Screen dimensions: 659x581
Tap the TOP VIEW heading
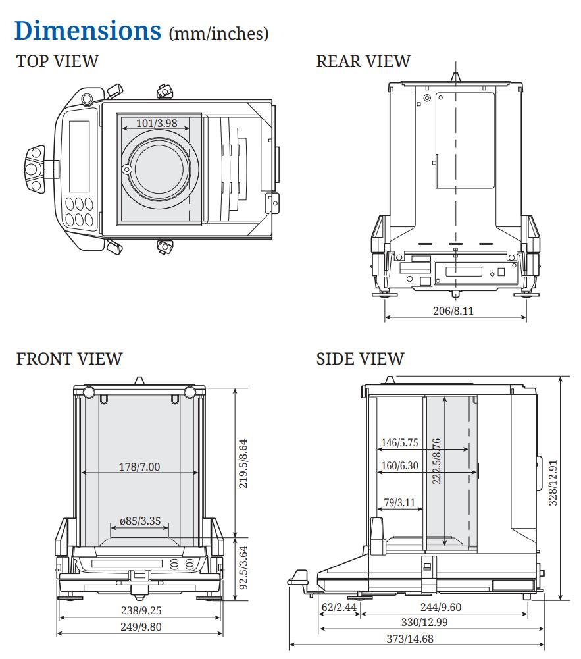[57, 61]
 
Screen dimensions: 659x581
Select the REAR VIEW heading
[363, 61]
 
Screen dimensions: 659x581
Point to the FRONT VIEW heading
[69, 359]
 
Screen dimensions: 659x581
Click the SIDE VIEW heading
[360, 359]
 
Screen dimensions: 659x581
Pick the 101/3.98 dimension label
[157, 123]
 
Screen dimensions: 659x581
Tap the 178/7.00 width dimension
[139, 467]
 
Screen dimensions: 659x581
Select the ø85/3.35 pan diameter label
[139, 521]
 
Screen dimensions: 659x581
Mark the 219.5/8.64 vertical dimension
[243, 461]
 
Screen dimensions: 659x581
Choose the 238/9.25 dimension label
[139, 611]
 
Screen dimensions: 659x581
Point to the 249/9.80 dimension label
[139, 627]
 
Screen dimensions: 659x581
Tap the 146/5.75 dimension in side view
[399, 443]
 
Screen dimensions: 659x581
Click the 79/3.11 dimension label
[399, 503]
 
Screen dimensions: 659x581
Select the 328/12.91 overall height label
[553, 483]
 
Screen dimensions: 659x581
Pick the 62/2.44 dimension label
[340, 607]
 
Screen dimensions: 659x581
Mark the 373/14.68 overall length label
[409, 639]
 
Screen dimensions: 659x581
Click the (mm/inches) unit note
[219, 33]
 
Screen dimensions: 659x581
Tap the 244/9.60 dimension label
[440, 607]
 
